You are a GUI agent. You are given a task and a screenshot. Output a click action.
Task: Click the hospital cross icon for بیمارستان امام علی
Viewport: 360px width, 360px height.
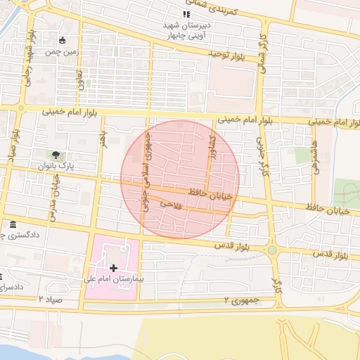(114, 268)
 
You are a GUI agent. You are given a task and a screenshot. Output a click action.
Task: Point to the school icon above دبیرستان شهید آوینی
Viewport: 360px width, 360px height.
(186, 14)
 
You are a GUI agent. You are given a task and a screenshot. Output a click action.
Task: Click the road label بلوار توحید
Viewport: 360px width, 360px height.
(229, 54)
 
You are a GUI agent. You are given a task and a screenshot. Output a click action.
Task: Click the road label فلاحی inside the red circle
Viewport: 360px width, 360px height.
(171, 204)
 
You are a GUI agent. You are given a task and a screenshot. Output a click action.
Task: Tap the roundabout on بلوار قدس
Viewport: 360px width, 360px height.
(271, 250)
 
